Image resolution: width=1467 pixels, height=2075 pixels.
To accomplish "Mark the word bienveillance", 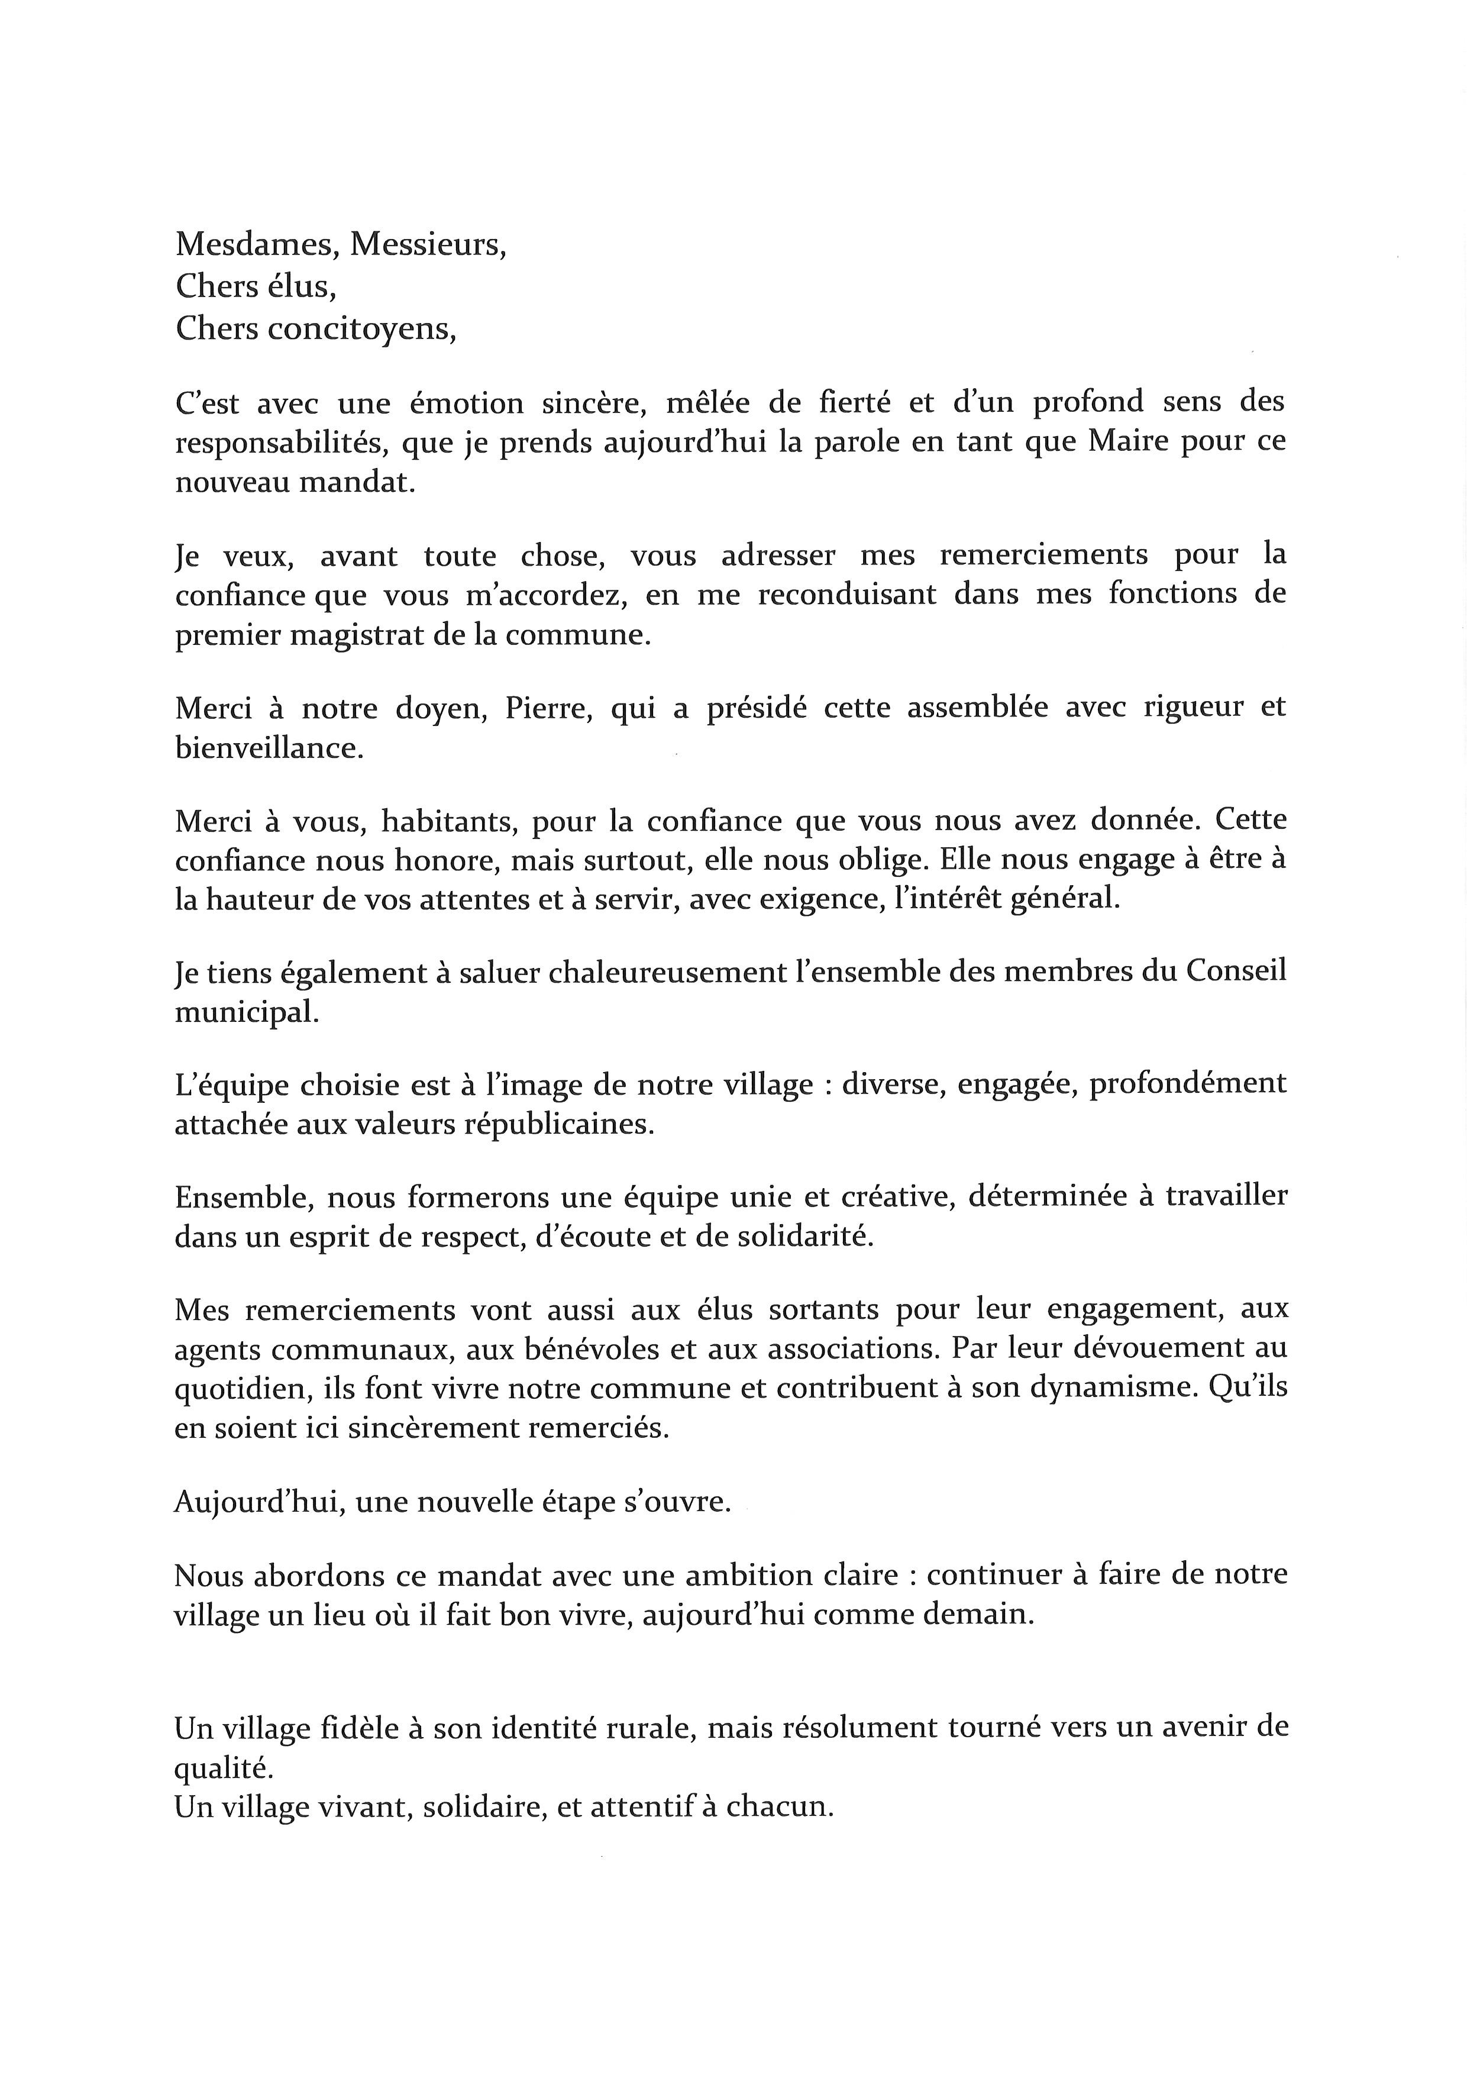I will (269, 749).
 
